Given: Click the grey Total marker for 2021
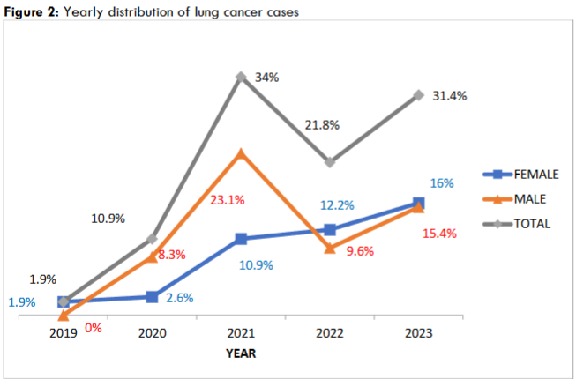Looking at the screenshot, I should [241, 78].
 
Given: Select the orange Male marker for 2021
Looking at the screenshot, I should [241, 154].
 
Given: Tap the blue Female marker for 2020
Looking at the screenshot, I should [153, 297].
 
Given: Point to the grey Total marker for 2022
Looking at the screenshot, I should [330, 162].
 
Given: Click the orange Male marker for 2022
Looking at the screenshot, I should [330, 249].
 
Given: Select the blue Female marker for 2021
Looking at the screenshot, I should [241, 239].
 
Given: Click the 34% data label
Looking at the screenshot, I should [266, 78].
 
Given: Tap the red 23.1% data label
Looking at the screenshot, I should [227, 200].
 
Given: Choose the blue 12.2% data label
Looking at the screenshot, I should [336, 205].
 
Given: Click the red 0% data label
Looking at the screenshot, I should [93, 328].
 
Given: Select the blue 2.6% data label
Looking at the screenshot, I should [180, 298].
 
